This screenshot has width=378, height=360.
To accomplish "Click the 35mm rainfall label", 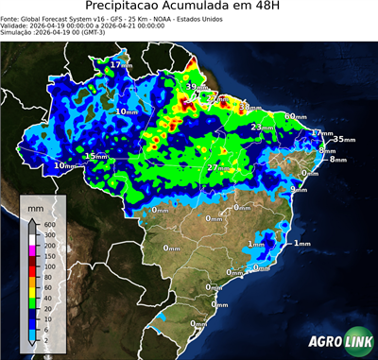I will click(x=343, y=139).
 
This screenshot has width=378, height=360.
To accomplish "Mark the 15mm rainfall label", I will click(x=95, y=156).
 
